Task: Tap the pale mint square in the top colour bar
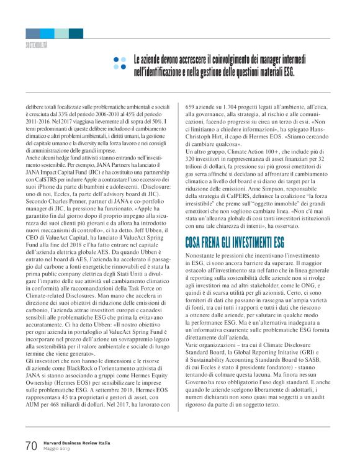[x=61, y=34]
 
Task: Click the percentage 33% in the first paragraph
[x=76, y=114]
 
